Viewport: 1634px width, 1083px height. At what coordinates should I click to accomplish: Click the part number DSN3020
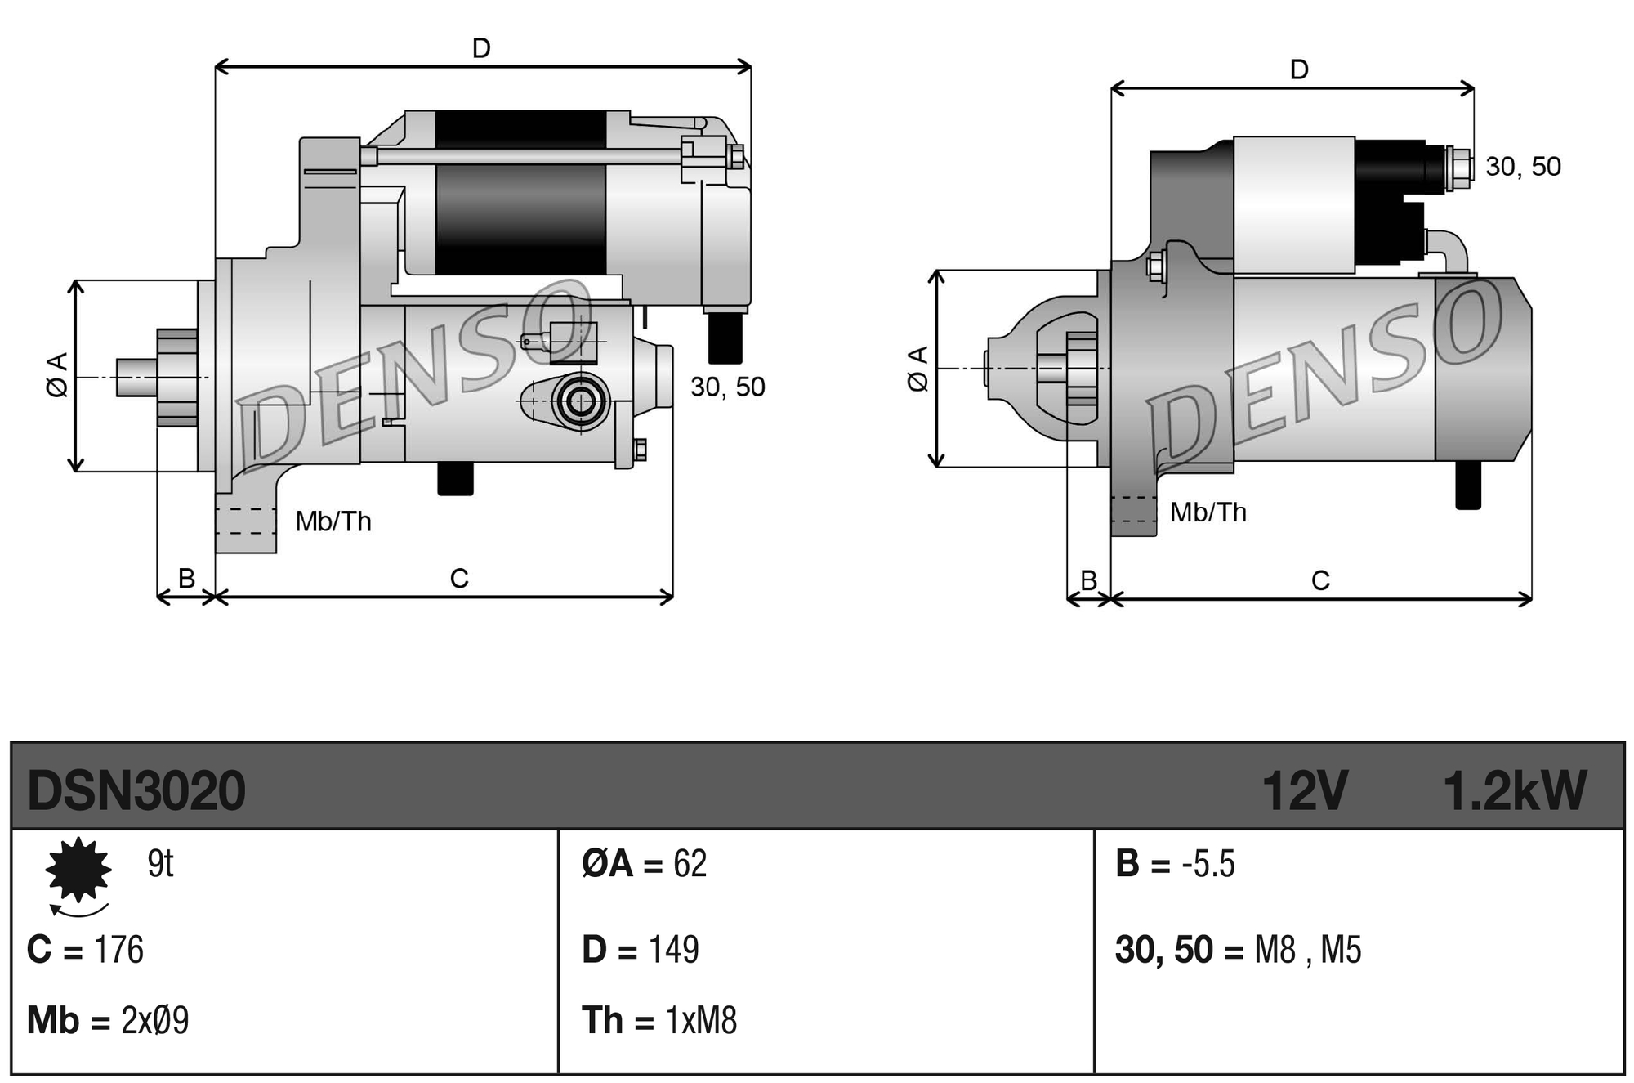(136, 790)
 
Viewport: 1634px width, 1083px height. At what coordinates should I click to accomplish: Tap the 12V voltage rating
(1304, 790)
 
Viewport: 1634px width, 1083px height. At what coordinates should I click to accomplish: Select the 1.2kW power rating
(1514, 790)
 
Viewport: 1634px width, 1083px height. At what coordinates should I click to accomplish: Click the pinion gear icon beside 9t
(78, 870)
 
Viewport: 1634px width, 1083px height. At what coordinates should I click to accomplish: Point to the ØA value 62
(690, 864)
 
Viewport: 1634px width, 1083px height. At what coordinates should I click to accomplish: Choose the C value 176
(118, 950)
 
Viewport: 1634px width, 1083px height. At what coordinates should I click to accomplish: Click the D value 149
(673, 950)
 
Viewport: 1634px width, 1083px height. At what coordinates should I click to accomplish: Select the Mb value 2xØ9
(154, 1020)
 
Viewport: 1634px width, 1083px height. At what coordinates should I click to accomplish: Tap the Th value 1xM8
(701, 1020)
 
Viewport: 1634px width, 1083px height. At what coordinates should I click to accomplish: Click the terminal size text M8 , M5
(1307, 950)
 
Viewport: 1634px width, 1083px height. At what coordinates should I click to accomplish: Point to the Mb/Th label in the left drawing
(333, 521)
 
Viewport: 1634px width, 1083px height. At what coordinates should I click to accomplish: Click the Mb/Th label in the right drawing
(1208, 512)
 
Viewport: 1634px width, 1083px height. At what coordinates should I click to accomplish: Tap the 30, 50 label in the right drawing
(1522, 167)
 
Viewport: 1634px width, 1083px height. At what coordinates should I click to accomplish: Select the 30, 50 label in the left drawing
(727, 387)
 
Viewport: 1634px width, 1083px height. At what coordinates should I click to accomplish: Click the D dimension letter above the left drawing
(481, 48)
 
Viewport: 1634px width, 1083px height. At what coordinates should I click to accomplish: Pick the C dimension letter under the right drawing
(1320, 580)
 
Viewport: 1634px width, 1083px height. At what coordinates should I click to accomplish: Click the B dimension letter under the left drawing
(186, 578)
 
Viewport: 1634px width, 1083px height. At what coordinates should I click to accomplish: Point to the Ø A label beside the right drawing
(918, 369)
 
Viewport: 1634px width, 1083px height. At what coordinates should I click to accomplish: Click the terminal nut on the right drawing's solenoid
(1458, 168)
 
